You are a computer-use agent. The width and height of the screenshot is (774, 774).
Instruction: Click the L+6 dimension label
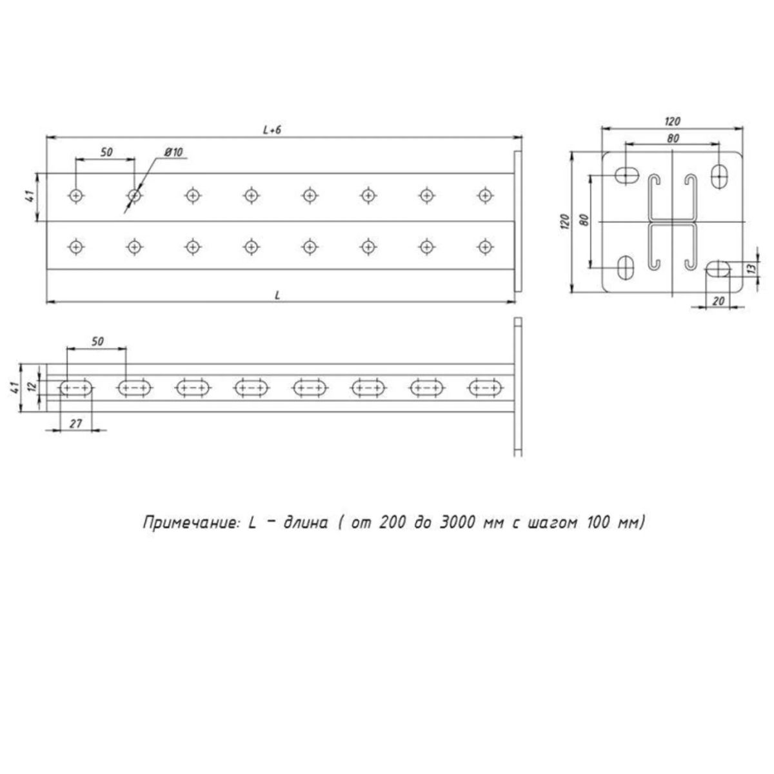point(272,130)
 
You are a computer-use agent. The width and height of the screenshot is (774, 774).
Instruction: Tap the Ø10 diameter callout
point(174,152)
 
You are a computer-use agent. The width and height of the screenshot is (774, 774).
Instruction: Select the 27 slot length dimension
point(76,423)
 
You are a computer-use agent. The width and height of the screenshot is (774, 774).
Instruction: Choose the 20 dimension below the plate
point(719,301)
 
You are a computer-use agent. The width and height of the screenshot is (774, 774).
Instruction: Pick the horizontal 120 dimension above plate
point(672,121)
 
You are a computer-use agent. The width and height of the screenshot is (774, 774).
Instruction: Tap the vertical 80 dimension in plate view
point(584,220)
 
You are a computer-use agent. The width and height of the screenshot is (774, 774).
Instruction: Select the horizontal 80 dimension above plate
point(673,138)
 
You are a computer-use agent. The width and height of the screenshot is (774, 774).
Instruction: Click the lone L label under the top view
point(277,295)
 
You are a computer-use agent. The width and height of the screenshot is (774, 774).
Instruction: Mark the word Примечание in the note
point(191,523)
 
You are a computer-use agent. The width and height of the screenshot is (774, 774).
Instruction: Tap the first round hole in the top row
point(76,196)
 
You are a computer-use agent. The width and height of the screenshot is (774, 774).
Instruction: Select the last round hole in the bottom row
point(486,246)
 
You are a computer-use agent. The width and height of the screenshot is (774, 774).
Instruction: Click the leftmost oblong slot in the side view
point(76,388)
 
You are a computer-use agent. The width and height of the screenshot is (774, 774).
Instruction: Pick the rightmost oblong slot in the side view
point(486,388)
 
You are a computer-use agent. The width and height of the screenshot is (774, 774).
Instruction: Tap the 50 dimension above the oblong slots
point(97,341)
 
